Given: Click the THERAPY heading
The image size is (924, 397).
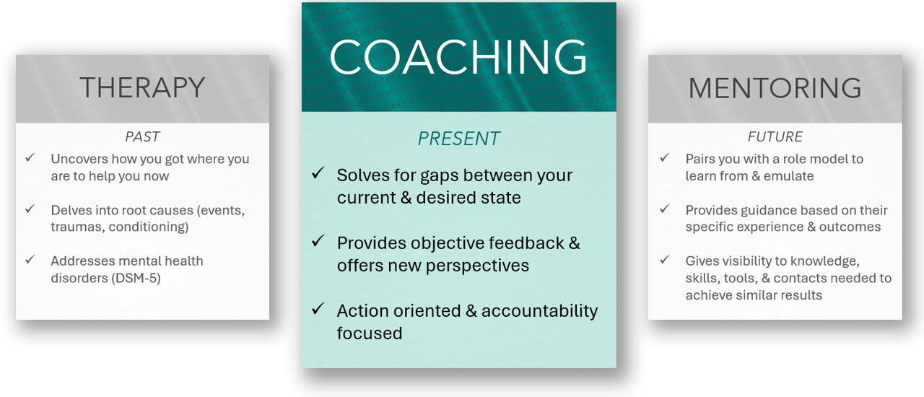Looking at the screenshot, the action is click(x=142, y=87).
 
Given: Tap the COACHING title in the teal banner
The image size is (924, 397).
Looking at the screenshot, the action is click(x=458, y=57).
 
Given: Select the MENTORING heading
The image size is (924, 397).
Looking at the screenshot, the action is click(x=775, y=88).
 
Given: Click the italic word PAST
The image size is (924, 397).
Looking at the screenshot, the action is click(x=142, y=136).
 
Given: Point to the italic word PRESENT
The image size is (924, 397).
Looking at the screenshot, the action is click(x=458, y=139).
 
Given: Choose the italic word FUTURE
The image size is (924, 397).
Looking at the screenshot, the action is click(x=775, y=136).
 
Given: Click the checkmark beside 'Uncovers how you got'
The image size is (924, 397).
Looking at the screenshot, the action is click(x=30, y=157).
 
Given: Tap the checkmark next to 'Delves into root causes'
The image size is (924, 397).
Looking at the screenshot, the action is click(x=30, y=209).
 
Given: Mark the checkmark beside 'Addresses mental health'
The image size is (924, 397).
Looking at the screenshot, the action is click(x=30, y=260).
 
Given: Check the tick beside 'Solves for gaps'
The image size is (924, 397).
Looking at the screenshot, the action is click(x=318, y=173).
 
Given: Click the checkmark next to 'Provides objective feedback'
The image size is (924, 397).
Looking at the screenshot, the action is click(x=318, y=240).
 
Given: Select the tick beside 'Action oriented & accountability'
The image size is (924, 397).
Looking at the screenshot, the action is click(x=318, y=308).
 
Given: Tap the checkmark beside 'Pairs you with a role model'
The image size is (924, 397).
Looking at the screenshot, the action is click(x=665, y=157).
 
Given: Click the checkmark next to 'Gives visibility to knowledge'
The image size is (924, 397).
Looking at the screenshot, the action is click(x=665, y=260).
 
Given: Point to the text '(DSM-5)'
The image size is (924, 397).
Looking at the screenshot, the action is click(x=136, y=278).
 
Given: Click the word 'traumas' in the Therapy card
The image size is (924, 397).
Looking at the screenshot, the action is click(x=75, y=227).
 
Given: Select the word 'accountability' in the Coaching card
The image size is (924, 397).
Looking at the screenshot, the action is click(x=539, y=311).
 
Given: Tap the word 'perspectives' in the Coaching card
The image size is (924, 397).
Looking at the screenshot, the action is click(x=477, y=266).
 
